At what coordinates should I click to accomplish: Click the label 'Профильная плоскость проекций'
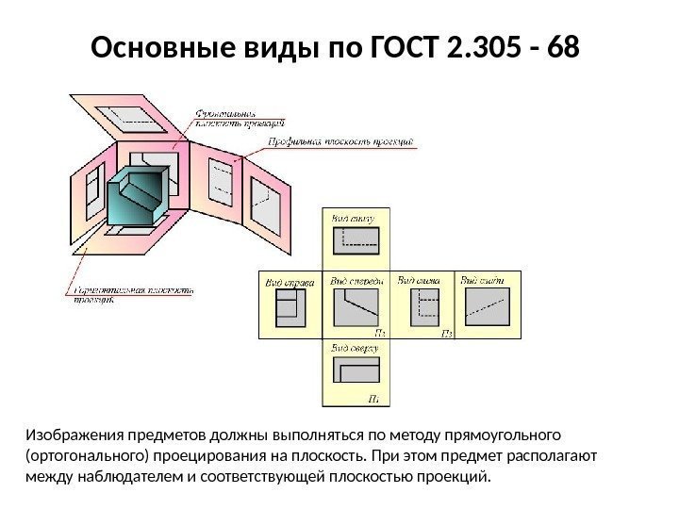pos(339,141)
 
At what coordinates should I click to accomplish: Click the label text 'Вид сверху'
pos(355,348)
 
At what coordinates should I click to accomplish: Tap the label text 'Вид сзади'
pos(481,280)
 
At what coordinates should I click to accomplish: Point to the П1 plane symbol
pos(374,399)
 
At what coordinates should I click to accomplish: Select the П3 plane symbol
pos(446,333)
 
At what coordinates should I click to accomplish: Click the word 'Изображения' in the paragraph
pos(71,435)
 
